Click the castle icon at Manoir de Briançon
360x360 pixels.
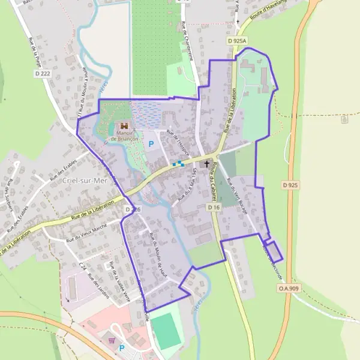(125, 127)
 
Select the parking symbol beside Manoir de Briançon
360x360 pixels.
(151, 144)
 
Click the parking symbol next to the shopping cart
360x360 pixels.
(122, 347)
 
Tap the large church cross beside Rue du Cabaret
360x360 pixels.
(208, 163)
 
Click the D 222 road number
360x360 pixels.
(43, 73)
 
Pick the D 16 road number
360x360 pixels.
(214, 206)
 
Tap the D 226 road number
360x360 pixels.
(133, 209)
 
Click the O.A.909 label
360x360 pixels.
(288, 289)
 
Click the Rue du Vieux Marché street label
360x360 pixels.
(86, 231)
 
